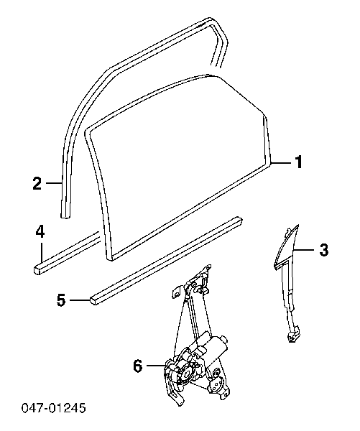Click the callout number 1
click(299, 162)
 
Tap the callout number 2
click(37, 183)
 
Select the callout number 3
click(324, 250)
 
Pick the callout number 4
click(40, 231)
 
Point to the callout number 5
click(61, 300)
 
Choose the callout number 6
click(138, 366)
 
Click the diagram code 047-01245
click(54, 408)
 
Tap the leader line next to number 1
click(280, 163)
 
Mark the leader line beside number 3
click(303, 249)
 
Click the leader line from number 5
click(80, 300)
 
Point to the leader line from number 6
click(156, 366)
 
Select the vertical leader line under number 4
click(42, 251)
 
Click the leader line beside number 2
click(54, 182)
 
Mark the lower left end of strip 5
click(94, 301)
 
